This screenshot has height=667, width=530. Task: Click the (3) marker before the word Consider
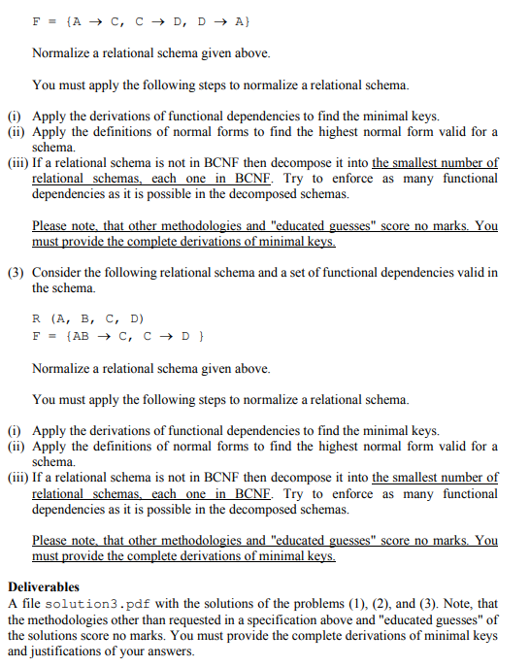[x=17, y=272]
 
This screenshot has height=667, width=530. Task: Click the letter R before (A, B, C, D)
[x=37, y=317]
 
